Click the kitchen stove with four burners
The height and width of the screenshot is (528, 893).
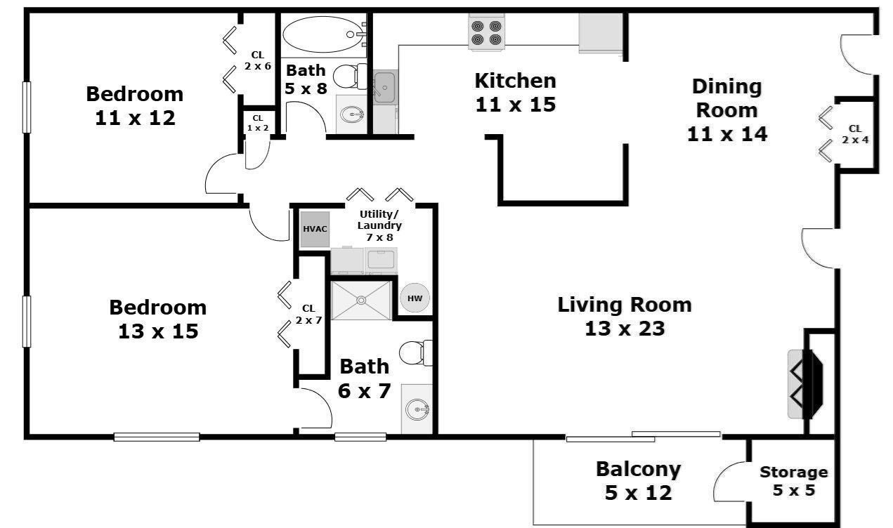(486, 33)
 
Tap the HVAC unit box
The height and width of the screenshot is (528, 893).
(315, 229)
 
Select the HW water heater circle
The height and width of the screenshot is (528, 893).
(415, 298)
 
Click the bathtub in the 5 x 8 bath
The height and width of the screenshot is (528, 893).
(324, 34)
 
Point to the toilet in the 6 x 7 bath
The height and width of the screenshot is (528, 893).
(416, 353)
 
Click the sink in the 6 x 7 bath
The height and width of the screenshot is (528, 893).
(417, 409)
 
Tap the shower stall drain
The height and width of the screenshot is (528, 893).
(361, 300)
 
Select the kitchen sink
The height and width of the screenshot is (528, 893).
(385, 86)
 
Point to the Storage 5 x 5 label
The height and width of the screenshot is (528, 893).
(794, 481)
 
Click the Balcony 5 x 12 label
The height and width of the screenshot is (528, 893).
(638, 480)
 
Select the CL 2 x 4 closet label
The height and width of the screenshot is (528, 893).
(855, 134)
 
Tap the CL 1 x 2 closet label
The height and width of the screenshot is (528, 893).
(258, 123)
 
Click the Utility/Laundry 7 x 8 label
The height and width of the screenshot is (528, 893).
(379, 225)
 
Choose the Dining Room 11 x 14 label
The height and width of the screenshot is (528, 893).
(726, 110)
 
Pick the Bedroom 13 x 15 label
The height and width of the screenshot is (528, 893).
(158, 319)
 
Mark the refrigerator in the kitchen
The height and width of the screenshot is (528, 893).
(601, 33)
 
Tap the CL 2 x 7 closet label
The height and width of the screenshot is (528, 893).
(308, 314)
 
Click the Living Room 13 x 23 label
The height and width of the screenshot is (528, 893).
(625, 317)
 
